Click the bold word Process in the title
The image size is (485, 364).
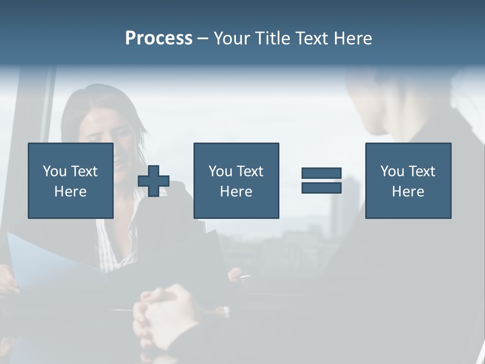pyautogui.click(x=159, y=38)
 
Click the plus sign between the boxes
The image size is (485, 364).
pyautogui.click(x=154, y=181)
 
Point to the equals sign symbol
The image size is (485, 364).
pyautogui.click(x=321, y=181)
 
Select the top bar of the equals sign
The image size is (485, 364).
pyautogui.click(x=321, y=174)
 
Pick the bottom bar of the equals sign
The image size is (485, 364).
pyautogui.click(x=321, y=188)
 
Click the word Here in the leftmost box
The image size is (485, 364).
pyautogui.click(x=70, y=192)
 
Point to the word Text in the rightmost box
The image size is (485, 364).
pyautogui.click(x=421, y=171)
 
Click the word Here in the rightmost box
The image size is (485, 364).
pyautogui.click(x=408, y=192)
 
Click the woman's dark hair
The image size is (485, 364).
pyautogui.click(x=101, y=101)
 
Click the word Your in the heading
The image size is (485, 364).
pyautogui.click(x=231, y=38)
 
